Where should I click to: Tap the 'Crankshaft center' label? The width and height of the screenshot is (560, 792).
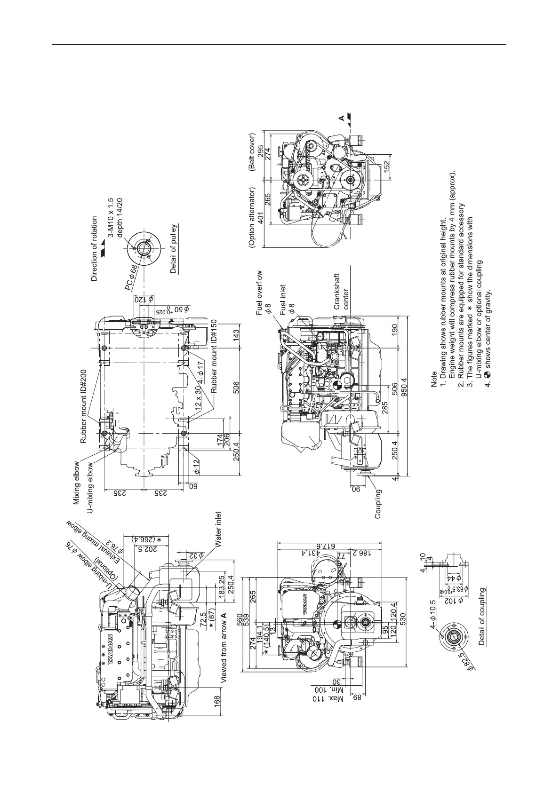point(341,291)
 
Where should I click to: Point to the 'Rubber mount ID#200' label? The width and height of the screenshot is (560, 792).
point(84,406)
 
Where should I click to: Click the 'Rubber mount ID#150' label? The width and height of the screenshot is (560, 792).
point(214,356)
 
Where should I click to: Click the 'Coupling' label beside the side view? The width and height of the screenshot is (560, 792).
point(378,504)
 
